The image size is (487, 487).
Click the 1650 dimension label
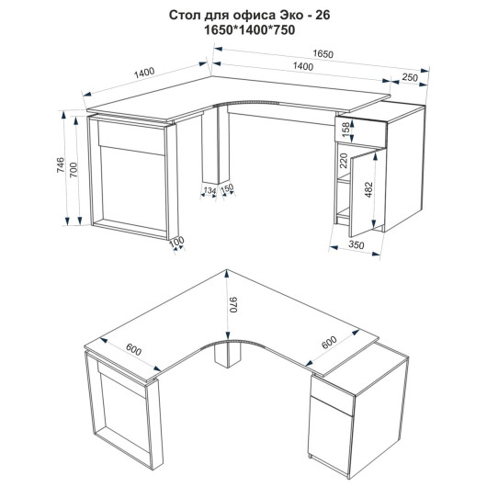tap(323, 53)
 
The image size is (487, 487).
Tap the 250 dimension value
tap(410, 77)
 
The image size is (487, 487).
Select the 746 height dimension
tap(61, 164)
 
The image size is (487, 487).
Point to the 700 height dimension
tap(74, 170)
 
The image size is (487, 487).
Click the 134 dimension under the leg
tap(210, 190)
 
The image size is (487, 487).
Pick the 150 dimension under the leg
tap(228, 188)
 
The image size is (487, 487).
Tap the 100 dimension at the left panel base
tap(176, 242)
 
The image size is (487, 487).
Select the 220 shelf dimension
tap(344, 160)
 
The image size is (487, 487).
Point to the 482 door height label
tap(368, 190)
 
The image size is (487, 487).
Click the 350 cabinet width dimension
tap(356, 245)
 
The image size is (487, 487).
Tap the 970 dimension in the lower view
tap(233, 305)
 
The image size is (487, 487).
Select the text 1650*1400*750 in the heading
tap(249, 30)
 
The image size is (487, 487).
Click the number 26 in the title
tap(323, 16)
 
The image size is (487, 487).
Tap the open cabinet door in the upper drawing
tap(368, 193)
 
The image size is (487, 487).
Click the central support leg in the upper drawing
tap(216, 144)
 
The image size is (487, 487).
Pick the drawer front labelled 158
tap(361, 130)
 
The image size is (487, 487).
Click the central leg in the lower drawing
tap(228, 355)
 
